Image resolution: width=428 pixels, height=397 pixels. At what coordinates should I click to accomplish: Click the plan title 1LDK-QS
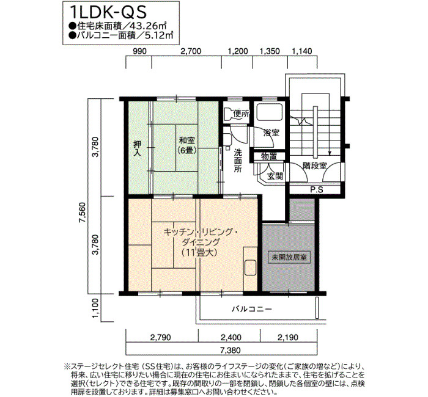(108, 12)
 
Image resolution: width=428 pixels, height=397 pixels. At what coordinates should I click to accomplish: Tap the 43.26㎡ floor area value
(148, 26)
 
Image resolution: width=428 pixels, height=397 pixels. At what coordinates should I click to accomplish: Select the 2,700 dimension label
(191, 51)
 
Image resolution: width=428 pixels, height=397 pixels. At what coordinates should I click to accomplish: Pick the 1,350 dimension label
(270, 51)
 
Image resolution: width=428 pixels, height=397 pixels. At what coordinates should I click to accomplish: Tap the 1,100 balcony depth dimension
(95, 308)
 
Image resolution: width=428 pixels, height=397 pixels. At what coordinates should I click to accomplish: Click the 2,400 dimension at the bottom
(231, 338)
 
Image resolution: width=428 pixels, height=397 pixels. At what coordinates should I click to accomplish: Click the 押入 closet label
(137, 148)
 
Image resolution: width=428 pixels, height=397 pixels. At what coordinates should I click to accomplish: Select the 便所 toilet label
(242, 114)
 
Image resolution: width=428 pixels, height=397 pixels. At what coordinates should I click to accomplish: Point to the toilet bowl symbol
(228, 114)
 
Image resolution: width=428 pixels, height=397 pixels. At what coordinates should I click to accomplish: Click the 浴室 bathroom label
(271, 133)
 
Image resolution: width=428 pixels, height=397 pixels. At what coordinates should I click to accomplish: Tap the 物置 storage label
(269, 156)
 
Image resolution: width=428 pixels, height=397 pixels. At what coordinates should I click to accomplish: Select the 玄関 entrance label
(275, 177)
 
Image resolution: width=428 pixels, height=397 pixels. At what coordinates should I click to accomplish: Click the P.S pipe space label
(317, 189)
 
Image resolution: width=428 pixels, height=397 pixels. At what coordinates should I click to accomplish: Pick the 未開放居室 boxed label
(289, 257)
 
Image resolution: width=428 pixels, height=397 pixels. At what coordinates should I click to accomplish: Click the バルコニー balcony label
(252, 309)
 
